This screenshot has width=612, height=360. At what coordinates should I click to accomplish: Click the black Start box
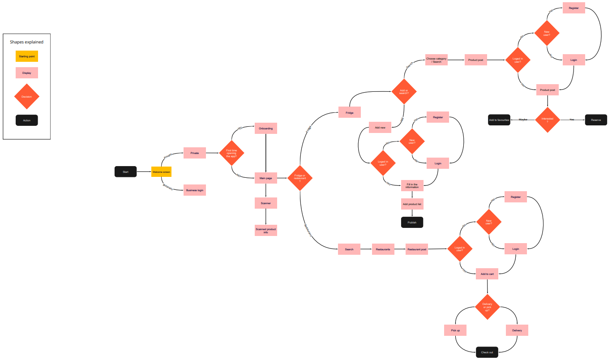coord(125,172)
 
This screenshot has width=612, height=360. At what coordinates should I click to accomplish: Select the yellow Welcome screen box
coord(161,172)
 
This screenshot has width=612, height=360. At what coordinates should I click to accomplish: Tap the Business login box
coord(194,190)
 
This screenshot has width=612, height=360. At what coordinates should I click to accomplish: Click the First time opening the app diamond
coord(231,153)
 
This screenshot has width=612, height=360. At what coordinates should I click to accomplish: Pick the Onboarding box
coord(266,129)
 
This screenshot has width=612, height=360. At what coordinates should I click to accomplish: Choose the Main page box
coord(266,178)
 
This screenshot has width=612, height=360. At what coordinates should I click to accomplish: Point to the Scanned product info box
coord(266,231)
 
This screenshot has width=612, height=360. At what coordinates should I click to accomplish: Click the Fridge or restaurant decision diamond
coord(300,178)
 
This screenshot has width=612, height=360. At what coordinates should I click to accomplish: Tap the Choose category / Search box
coord(437,60)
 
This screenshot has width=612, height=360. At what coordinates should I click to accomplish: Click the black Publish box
coord(412,223)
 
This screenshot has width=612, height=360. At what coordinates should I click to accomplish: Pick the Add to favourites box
coord(499,120)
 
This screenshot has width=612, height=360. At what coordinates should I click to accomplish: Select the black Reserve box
coord(596,120)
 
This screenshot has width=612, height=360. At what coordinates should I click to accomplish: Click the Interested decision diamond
coord(548,120)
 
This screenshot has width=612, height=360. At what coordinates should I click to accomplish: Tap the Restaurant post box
coord(417,249)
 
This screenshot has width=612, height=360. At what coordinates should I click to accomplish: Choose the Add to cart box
coord(487,274)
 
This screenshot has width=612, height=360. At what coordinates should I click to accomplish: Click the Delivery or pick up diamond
coord(487,307)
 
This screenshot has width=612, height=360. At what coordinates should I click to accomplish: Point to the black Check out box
coord(487,352)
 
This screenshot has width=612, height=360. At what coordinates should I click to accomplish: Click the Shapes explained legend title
coord(27,42)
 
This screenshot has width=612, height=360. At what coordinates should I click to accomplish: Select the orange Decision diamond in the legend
coord(27,97)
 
